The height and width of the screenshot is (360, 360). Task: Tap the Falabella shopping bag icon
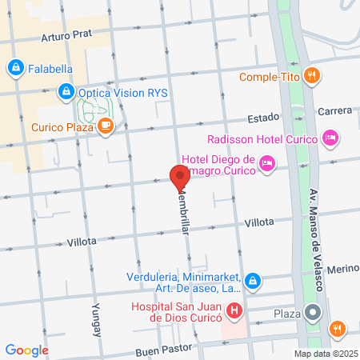coord(15,68)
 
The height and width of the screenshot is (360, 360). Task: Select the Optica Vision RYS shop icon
coord(66,92)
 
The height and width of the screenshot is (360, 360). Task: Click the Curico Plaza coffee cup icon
coord(106,126)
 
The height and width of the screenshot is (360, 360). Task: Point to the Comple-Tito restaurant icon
coord(312,77)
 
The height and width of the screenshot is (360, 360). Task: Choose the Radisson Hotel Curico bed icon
coord(330,139)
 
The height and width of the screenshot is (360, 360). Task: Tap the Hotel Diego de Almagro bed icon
coord(268,166)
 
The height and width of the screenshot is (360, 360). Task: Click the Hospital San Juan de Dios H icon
coord(234,310)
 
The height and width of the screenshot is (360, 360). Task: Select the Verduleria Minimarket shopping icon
coord(253,281)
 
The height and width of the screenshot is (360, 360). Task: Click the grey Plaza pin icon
coord(314,313)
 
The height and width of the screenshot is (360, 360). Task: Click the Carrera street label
coord(334,111)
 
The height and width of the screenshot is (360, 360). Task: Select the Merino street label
coord(342,272)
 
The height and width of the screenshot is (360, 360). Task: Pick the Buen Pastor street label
coord(162,350)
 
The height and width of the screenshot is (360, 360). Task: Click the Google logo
coord(26,350)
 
